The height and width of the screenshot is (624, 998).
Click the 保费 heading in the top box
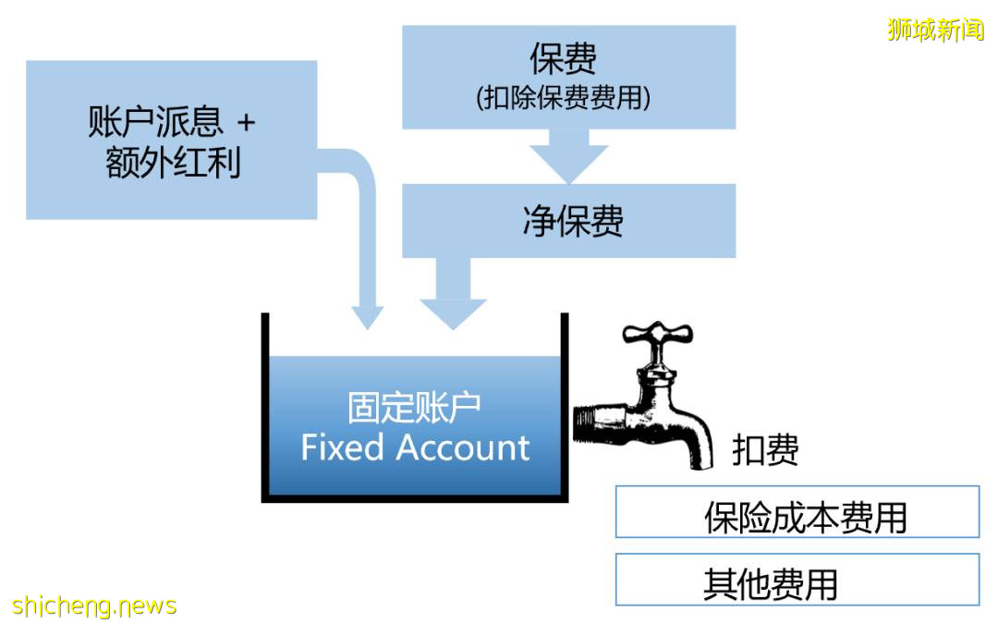click(563, 59)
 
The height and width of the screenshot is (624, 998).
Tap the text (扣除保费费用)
click(564, 98)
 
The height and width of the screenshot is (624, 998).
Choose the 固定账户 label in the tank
click(415, 407)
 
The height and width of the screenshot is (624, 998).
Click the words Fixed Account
click(415, 447)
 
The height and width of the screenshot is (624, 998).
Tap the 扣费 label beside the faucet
click(765, 451)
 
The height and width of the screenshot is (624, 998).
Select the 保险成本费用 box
click(797, 511)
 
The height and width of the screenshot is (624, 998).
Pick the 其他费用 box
click(797, 580)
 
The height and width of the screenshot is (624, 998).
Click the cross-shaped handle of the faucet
click(657, 337)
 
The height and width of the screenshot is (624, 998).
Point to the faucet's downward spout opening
click(700, 463)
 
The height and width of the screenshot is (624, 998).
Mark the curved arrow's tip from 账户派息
click(369, 317)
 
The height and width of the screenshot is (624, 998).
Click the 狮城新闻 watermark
click(935, 30)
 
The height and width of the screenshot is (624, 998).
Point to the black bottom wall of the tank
click(415, 498)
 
